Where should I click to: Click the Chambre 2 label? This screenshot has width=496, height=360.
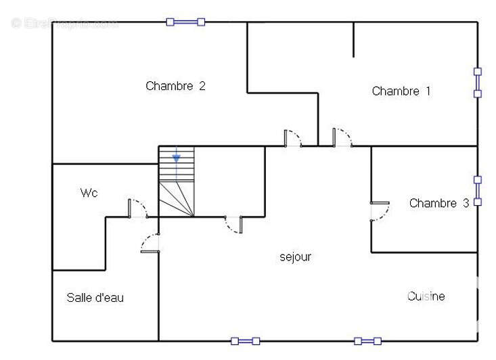pyautogui.click(x=175, y=86)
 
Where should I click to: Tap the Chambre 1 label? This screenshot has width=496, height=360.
pyautogui.click(x=401, y=91)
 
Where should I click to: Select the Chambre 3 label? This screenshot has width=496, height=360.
pyautogui.click(x=438, y=203)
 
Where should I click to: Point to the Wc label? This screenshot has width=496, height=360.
pyautogui.click(x=89, y=194)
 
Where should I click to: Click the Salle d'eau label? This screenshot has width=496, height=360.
pyautogui.click(x=95, y=298)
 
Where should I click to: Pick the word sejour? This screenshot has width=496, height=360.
pyautogui.click(x=296, y=257)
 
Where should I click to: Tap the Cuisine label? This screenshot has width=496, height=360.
pyautogui.click(x=426, y=296)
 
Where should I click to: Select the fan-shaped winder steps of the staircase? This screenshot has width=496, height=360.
pyautogui.click(x=177, y=199)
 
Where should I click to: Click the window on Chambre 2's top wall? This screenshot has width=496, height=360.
pyautogui.click(x=185, y=22)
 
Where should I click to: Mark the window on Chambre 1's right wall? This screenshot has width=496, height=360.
pyautogui.click(x=477, y=82)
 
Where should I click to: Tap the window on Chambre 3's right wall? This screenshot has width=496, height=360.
pyautogui.click(x=477, y=191)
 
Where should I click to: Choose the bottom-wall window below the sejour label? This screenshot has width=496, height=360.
pyautogui.click(x=245, y=341)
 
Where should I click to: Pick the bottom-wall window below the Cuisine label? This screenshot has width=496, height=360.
pyautogui.click(x=367, y=341)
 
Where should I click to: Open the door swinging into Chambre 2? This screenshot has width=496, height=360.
pyautogui.click(x=292, y=138)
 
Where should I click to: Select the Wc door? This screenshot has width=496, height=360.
pyautogui.click(x=137, y=208)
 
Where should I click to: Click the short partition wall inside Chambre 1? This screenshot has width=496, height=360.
pyautogui.click(x=353, y=39)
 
